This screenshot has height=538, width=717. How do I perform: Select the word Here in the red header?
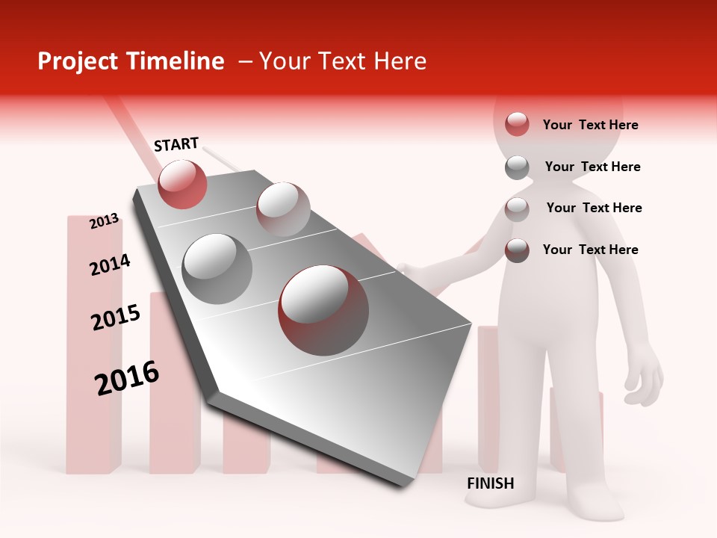(400, 61)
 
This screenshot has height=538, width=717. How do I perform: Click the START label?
(176, 144)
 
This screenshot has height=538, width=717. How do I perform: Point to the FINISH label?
(490, 483)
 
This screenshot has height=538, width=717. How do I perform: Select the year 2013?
(105, 221)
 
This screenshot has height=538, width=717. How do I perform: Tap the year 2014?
(110, 265)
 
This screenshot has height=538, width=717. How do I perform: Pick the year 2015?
(116, 318)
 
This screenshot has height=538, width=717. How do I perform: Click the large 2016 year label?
(127, 377)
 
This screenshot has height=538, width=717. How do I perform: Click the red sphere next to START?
(183, 184)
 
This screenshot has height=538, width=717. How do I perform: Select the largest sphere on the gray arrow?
(323, 309)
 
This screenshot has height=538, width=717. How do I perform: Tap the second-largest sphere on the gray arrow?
(217, 268)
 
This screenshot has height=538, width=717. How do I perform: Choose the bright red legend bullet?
(517, 125)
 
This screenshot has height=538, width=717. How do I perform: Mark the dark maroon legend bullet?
(517, 250)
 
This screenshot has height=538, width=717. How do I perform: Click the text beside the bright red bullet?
(590, 125)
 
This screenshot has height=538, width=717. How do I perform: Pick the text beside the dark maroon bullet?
(590, 250)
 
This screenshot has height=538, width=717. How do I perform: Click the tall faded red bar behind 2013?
(93, 344)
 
